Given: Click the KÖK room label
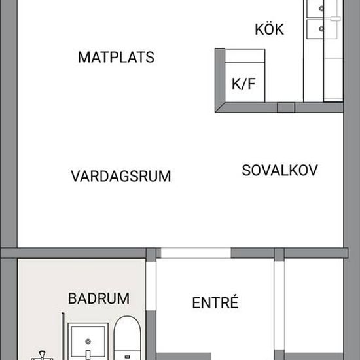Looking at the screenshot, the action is point(269,29).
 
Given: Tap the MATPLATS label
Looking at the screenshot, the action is point(116,57).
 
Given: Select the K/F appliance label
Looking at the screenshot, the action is point(243,84).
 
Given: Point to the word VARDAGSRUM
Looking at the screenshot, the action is point(121,176).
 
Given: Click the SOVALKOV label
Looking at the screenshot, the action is point(279,170).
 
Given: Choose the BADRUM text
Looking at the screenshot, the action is point(99,298).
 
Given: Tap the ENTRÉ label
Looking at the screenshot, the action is point(215,302).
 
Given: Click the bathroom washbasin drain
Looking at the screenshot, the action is point(88,342).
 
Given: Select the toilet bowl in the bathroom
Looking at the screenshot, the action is point(127,333).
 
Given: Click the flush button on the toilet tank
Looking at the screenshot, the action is point(127,357).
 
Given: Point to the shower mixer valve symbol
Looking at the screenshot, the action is point(42,355).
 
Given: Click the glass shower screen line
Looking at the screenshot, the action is point(63,336).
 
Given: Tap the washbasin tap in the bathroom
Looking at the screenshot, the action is point(88,355).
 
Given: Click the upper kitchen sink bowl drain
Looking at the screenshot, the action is point(321,9).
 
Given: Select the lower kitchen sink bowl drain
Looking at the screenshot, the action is point(321,29).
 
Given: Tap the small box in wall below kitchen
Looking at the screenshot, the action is point(286,107).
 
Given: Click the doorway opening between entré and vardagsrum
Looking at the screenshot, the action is point(196,253).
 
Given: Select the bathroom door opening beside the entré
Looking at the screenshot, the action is point(151,285).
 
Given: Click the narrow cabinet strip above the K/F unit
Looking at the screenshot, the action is point(245,56).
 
